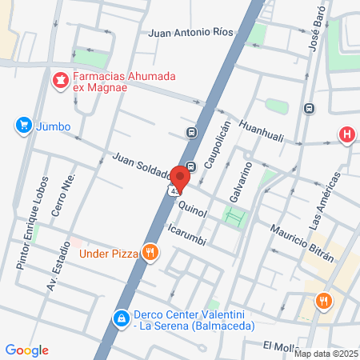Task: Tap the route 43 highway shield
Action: pos(174,192)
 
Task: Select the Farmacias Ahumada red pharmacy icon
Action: pos(60,79)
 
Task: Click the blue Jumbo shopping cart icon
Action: pos(22,126)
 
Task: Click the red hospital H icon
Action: pos(346,134)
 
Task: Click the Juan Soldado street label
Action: pos(142,166)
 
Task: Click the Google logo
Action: pos(26,350)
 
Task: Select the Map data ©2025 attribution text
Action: pos(326,354)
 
